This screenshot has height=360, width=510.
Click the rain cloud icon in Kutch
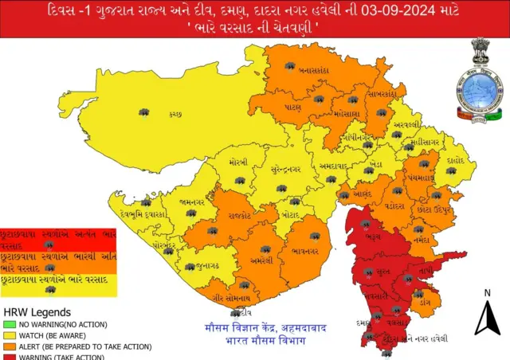click(x=143, y=114)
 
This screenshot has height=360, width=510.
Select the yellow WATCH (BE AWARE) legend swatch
click(x=10, y=336)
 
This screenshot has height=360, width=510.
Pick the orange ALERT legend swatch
click(x=10, y=346)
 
